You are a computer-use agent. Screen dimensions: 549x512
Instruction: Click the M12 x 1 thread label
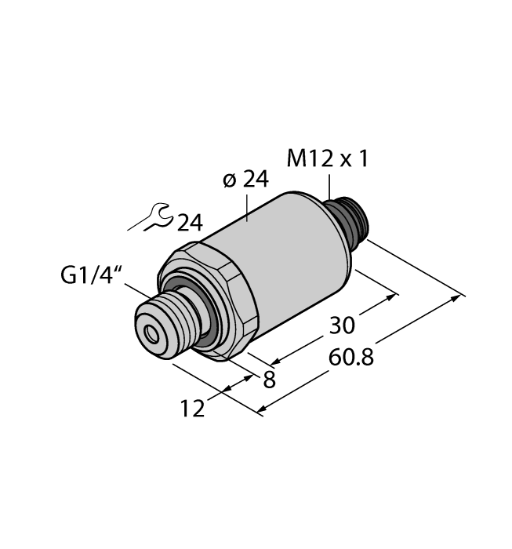(x=327, y=159)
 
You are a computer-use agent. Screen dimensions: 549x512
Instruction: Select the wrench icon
(x=151, y=217)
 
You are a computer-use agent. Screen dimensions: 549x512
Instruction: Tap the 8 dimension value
(x=268, y=380)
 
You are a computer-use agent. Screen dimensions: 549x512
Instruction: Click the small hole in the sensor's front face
(x=150, y=338)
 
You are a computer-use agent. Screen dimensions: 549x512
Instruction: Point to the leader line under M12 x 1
(x=330, y=188)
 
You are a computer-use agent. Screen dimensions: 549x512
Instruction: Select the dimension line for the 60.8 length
(x=361, y=352)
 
